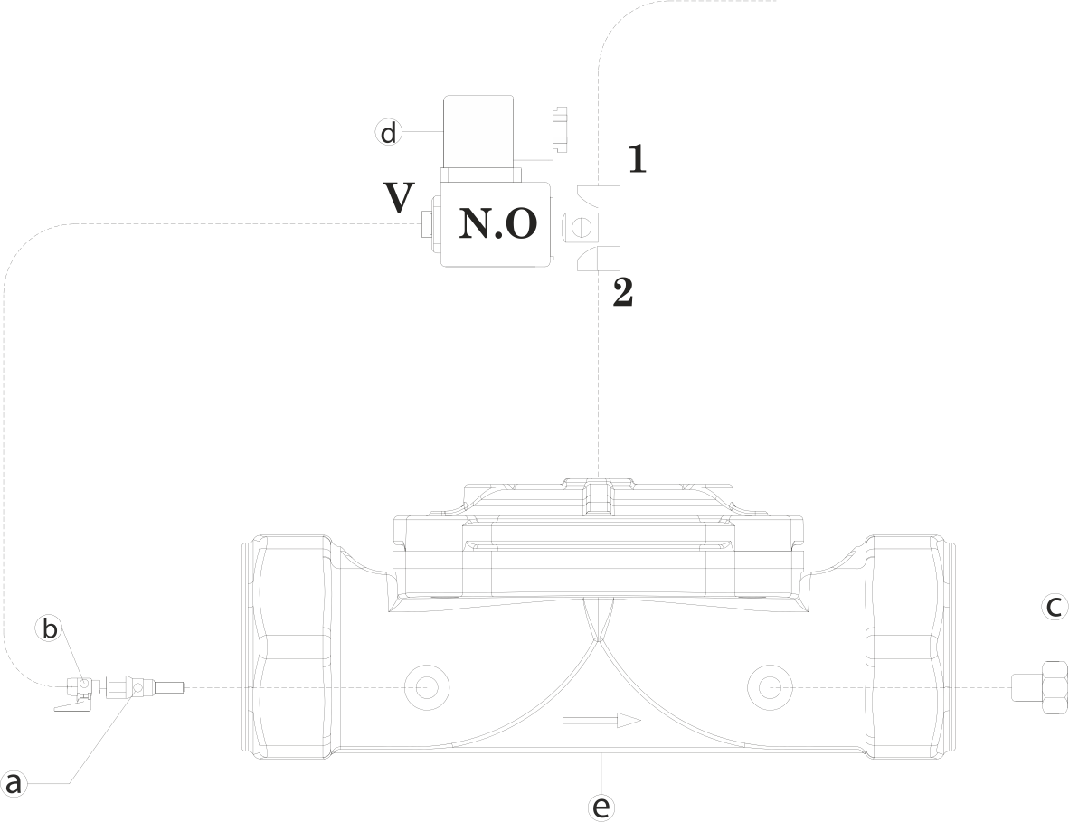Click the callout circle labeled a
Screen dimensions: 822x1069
click(13, 783)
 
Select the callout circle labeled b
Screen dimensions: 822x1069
click(51, 628)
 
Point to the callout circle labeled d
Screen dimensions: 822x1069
click(388, 133)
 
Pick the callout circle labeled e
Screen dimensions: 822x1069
click(601, 806)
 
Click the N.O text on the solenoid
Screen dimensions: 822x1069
click(498, 223)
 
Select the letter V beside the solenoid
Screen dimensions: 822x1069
click(398, 198)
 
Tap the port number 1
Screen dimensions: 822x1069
click(637, 159)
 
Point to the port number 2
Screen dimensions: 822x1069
click(622, 293)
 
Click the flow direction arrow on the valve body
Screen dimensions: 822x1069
click(601, 721)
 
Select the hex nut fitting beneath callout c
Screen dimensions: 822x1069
click(1054, 687)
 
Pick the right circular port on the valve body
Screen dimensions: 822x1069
click(768, 687)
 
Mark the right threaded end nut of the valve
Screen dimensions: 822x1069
click(907, 646)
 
